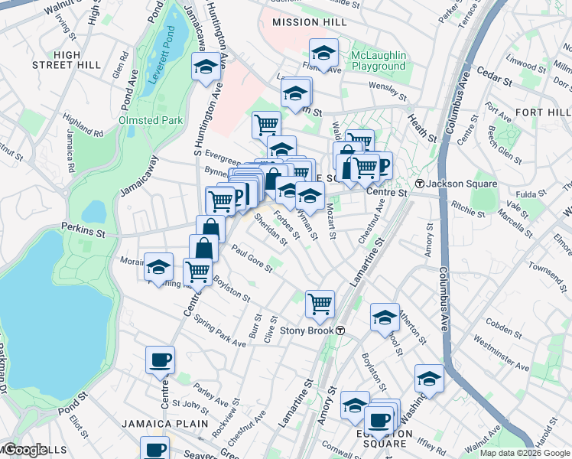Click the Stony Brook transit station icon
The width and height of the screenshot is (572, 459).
[340, 330]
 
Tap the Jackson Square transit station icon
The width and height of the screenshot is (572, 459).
[420, 184]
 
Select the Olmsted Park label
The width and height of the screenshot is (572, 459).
[151, 120]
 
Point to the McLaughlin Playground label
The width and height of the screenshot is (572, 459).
[378, 60]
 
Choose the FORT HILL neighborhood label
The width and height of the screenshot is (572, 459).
[541, 112]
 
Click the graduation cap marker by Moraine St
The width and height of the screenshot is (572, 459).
[158, 267]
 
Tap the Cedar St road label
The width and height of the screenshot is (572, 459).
[493, 77]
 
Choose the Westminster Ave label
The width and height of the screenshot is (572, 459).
[501, 351]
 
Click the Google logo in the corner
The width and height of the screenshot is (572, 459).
[25, 450]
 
